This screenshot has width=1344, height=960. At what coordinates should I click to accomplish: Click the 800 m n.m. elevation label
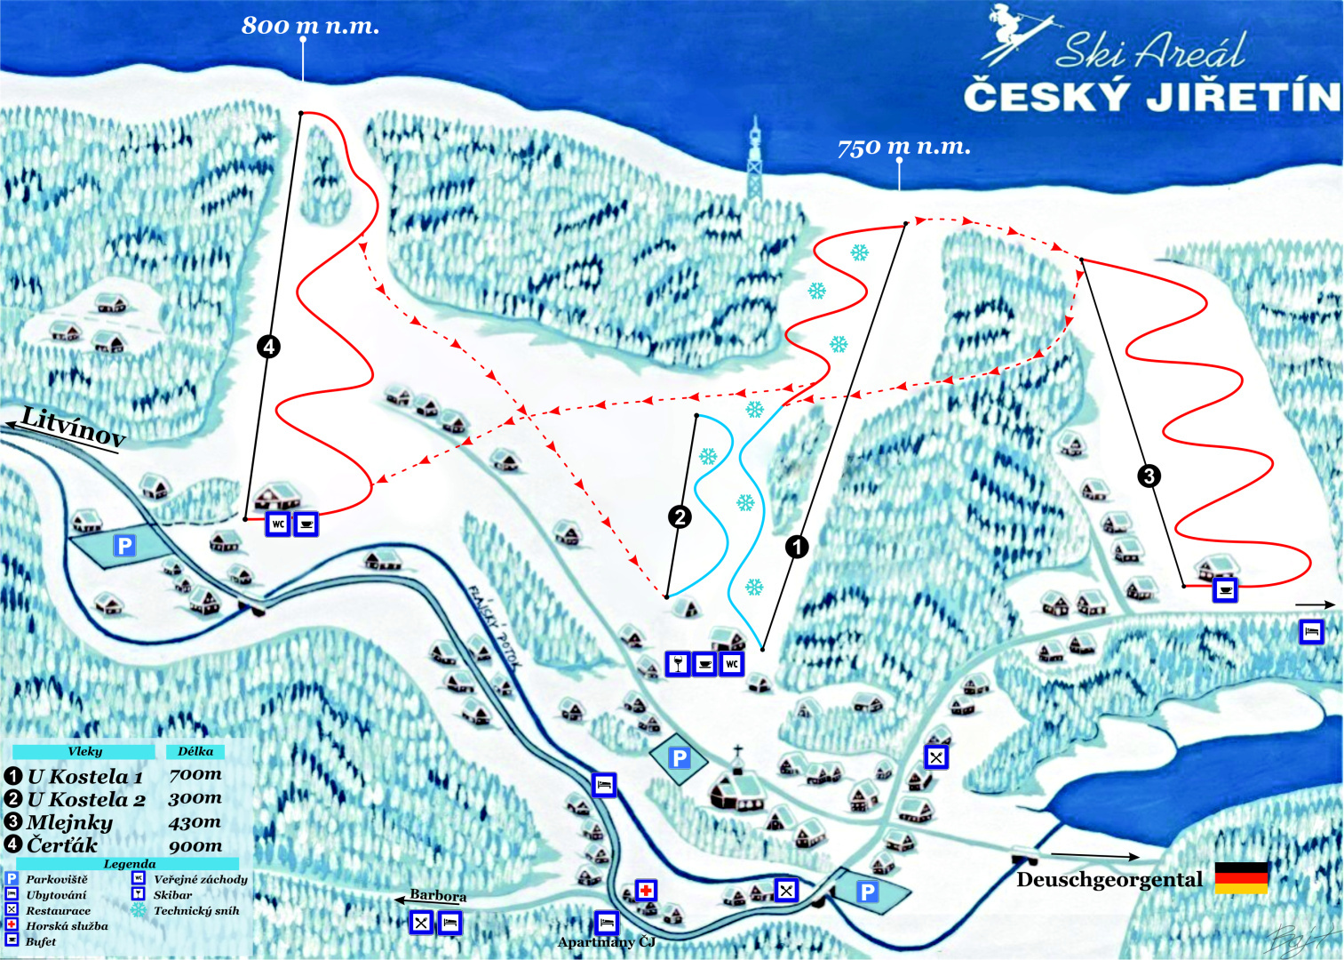(310, 26)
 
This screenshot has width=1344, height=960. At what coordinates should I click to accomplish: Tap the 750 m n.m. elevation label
(903, 147)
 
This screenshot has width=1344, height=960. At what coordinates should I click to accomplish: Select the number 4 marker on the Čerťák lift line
(268, 347)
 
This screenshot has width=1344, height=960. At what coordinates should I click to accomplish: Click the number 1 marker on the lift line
(797, 547)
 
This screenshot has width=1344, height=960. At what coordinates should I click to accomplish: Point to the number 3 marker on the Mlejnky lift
(1149, 476)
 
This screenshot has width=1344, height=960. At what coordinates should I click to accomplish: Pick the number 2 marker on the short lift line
(680, 516)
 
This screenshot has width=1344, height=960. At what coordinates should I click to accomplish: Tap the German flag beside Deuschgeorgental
(1241, 877)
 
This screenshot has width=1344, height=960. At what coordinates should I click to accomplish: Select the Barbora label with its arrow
(437, 896)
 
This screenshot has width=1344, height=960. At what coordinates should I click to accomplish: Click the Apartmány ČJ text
(606, 942)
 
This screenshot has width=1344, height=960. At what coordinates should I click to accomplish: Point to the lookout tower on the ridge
(754, 160)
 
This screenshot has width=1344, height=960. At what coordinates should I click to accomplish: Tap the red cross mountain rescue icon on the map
(646, 890)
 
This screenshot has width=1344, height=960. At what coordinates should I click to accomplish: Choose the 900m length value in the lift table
(195, 845)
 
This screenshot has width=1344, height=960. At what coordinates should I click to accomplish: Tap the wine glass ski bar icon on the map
(678, 663)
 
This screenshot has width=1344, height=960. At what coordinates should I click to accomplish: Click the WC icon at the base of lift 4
(278, 524)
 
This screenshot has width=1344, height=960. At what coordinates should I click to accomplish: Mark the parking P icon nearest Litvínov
(124, 545)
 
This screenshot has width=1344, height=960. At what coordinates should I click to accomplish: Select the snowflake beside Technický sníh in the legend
(139, 910)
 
